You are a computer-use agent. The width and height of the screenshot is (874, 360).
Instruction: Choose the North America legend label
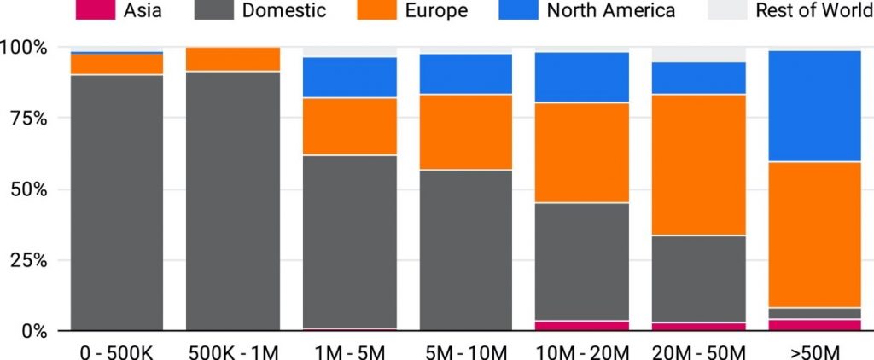click(x=610, y=10)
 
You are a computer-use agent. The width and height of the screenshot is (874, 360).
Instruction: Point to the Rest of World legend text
click(x=813, y=10)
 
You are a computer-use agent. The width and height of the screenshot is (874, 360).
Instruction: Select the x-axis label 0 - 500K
click(x=116, y=351)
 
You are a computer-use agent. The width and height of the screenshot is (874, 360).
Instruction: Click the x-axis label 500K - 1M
click(x=233, y=351)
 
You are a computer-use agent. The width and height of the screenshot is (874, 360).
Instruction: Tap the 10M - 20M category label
click(x=582, y=351)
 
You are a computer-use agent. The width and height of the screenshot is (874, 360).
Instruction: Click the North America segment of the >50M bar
click(x=814, y=106)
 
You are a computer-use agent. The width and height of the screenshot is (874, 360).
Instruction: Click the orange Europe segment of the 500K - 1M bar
click(x=233, y=59)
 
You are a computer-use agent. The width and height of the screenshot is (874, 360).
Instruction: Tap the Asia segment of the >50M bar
click(x=814, y=325)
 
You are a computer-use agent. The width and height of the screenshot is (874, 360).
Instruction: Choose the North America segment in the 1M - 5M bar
click(x=350, y=78)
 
